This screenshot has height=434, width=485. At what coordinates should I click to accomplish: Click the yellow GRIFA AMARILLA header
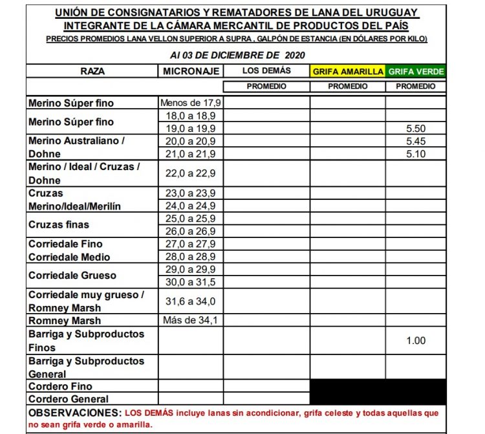pos(347,71)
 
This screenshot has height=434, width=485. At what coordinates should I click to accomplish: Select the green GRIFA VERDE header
pos(416,71)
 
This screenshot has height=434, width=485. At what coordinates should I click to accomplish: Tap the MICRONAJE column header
pos(191,71)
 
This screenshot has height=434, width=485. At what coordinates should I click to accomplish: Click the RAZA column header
pos(92,71)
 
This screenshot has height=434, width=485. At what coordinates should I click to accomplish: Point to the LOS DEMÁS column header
pos(266,71)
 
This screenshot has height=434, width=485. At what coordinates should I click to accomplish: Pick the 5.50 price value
pos(416,129)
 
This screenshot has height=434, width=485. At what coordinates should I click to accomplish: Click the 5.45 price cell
pos(416,141)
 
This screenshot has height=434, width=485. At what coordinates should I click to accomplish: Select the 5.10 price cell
pos(416,154)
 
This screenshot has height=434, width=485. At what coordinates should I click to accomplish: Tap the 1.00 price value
pos(416,341)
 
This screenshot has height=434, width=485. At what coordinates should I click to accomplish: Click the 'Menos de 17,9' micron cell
pos(191,103)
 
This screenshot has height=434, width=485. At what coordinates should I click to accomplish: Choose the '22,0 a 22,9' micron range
pos(191,173)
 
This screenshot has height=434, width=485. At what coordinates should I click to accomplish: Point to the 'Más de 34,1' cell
pos(191,320)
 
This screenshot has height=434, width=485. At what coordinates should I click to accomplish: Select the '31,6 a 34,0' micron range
pos(191,301)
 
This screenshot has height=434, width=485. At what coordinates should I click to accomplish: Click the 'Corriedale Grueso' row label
pos(72,276)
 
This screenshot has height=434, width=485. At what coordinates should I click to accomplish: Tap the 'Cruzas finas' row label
pos(59,224)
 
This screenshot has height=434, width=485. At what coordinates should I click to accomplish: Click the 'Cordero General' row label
pos(68,399)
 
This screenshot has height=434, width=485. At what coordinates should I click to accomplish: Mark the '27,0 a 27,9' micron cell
pos(191,244)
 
